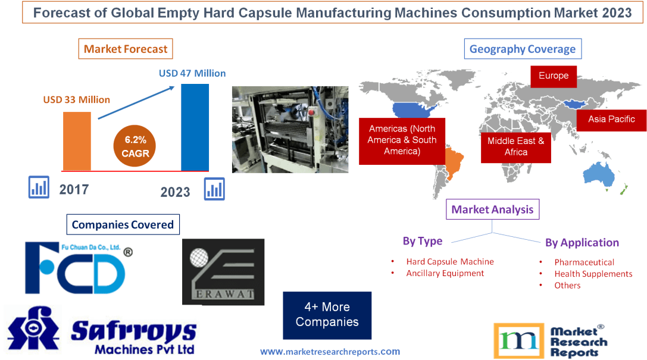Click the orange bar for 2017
(x=77, y=141)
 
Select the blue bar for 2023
(x=195, y=127)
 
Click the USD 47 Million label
(x=192, y=73)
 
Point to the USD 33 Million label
(x=76, y=99)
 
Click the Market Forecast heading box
(x=126, y=49)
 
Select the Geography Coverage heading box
(x=523, y=49)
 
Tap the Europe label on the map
(x=554, y=76)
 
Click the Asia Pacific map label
(x=611, y=119)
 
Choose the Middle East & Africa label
(x=515, y=146)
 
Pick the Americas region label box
(x=402, y=140)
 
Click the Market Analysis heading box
(x=492, y=209)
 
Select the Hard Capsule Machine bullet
(x=449, y=262)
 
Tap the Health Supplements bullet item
(x=593, y=274)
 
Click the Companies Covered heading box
(x=123, y=224)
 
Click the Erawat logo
(x=223, y=272)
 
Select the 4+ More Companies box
(x=327, y=315)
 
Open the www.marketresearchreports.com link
(x=330, y=352)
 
